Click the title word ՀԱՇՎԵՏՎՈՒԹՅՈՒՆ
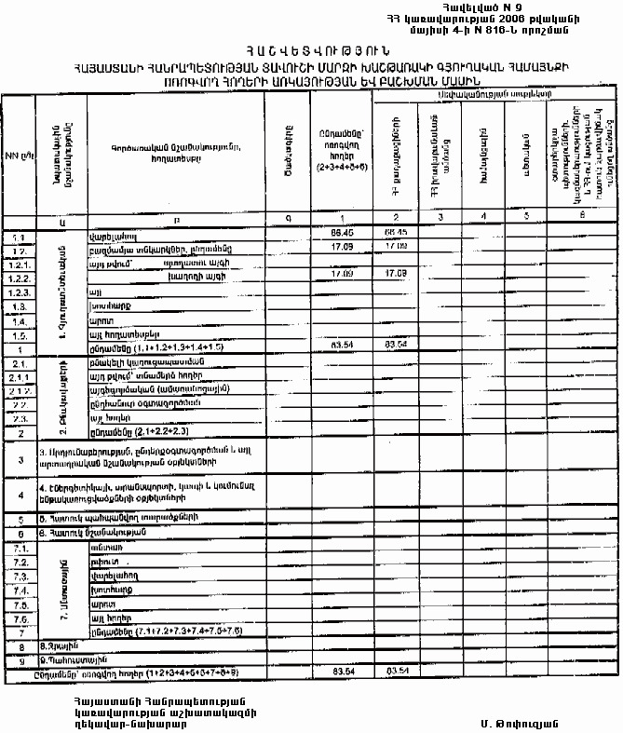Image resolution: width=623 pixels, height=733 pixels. pos(310,50)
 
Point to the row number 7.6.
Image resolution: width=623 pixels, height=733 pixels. pos(18,619)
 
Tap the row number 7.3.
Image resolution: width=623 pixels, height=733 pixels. pos(18,577)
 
